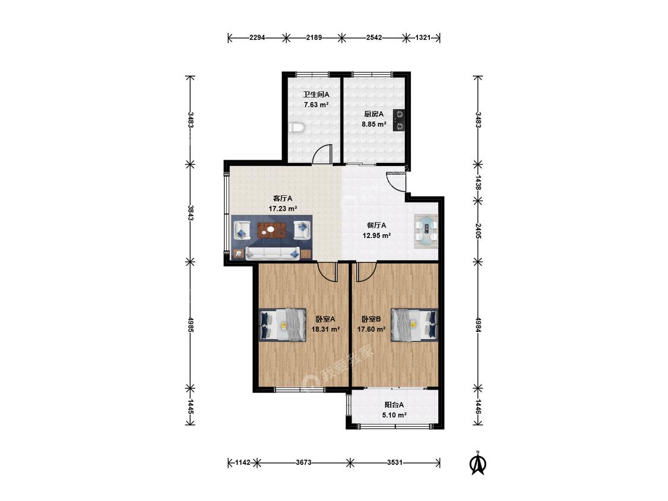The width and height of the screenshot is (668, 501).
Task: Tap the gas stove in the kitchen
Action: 399,120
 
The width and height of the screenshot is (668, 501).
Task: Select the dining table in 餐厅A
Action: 426,230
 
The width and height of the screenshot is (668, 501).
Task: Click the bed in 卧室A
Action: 283,325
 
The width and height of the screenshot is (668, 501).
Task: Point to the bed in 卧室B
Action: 414,325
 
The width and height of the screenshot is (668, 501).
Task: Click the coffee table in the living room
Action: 271,230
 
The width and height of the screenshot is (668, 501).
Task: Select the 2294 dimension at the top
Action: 257,37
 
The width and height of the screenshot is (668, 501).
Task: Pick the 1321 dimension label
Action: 423,37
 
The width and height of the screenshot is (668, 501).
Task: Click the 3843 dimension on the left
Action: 191,213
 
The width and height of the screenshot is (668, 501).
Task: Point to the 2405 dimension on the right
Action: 478,230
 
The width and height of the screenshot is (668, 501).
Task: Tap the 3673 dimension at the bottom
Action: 304,462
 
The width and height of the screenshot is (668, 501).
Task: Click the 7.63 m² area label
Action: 316,104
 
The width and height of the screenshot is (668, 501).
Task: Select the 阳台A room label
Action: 394,405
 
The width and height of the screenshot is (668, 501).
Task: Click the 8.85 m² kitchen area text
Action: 374,125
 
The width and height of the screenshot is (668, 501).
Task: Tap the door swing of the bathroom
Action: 322,154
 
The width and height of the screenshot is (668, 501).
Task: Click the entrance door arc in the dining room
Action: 396,182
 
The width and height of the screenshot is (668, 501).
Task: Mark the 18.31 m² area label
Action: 325,329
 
